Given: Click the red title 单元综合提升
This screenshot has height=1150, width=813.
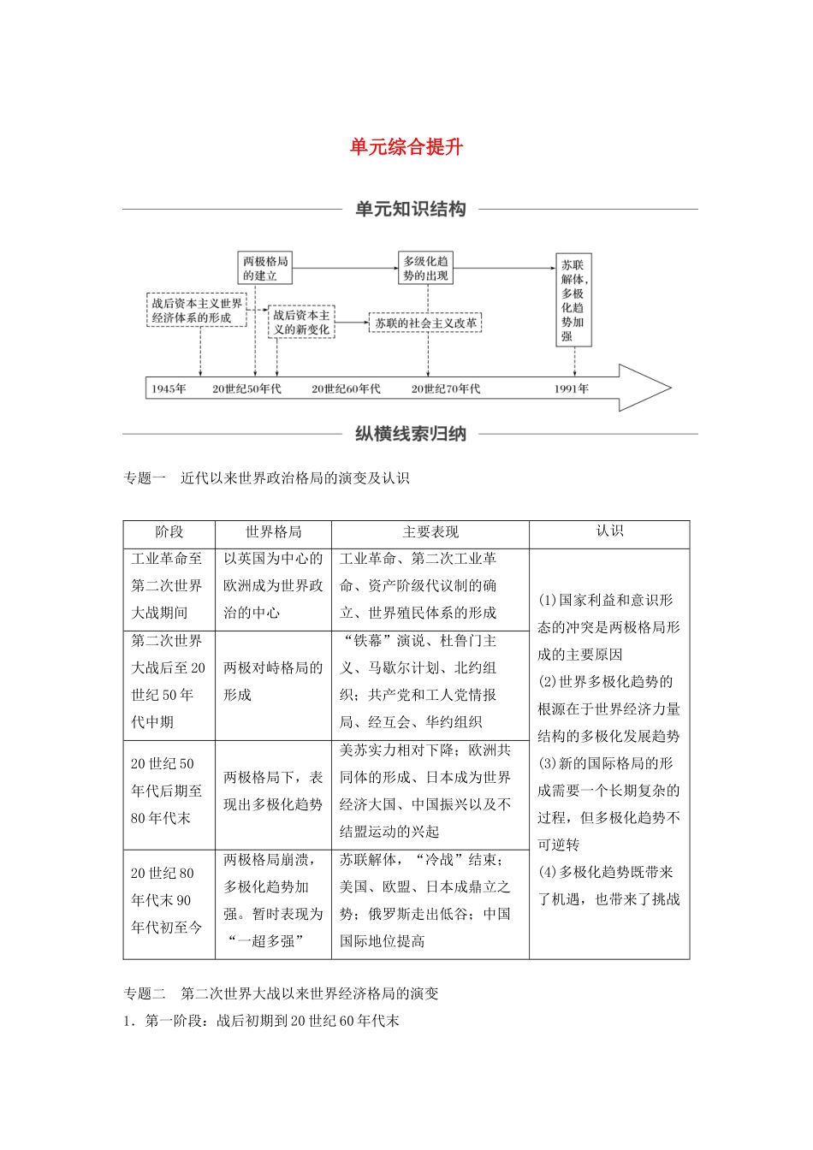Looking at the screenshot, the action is (x=406, y=147).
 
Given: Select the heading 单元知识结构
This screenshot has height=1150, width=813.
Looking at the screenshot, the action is (x=410, y=209).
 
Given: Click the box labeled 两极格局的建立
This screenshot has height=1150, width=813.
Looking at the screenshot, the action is (x=265, y=268).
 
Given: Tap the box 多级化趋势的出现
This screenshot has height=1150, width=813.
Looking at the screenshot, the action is (x=425, y=268).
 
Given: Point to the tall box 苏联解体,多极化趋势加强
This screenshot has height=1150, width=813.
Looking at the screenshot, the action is (x=573, y=299).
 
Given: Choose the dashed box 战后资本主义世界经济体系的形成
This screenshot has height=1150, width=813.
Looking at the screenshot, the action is (x=197, y=311).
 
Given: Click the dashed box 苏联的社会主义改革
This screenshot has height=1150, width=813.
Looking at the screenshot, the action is (x=425, y=323).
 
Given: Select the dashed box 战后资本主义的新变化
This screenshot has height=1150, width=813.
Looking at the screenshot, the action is (x=301, y=323).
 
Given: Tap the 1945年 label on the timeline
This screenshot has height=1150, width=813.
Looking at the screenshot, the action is (x=169, y=388).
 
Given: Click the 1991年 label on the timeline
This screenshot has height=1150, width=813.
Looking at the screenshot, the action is (x=571, y=388).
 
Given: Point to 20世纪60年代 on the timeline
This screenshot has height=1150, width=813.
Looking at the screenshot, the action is (x=346, y=388).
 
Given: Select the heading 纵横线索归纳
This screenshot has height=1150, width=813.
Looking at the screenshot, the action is (x=410, y=434).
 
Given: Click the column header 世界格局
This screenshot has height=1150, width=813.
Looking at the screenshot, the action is (x=273, y=532).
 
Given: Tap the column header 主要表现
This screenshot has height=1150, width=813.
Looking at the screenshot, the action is (x=430, y=532).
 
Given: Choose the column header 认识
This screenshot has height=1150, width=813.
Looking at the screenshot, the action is (x=609, y=531).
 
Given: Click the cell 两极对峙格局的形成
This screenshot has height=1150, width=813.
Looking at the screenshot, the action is (x=273, y=681).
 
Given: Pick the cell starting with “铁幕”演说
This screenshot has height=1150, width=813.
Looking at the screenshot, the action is (x=430, y=681).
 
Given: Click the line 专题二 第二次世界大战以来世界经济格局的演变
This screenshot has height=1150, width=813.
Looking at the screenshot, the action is (x=281, y=993).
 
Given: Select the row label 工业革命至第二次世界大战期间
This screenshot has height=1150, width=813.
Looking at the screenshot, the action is (x=169, y=586).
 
